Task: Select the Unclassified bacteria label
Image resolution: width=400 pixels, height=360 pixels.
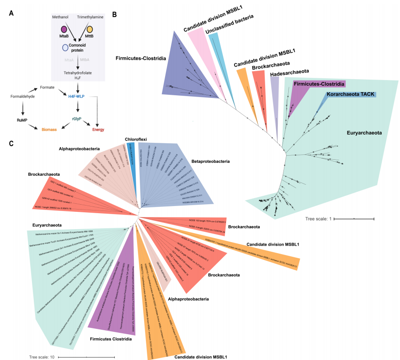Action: (x=229, y=25)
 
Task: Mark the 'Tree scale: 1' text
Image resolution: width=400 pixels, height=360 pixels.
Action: (x=317, y=219)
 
